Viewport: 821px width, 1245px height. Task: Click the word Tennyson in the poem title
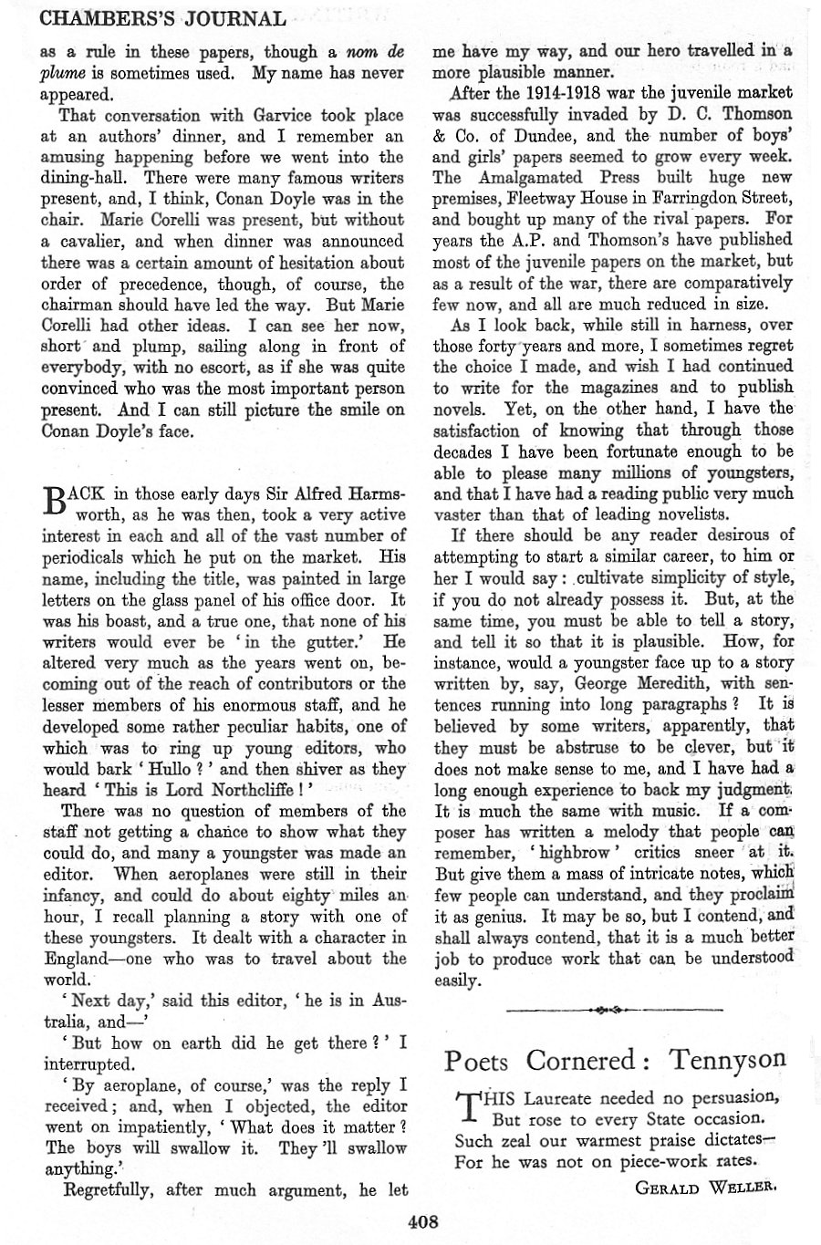(726, 1060)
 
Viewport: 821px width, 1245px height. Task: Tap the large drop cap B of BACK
(56, 503)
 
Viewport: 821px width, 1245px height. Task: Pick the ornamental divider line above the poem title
(613, 1010)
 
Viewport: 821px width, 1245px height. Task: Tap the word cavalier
(91, 242)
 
